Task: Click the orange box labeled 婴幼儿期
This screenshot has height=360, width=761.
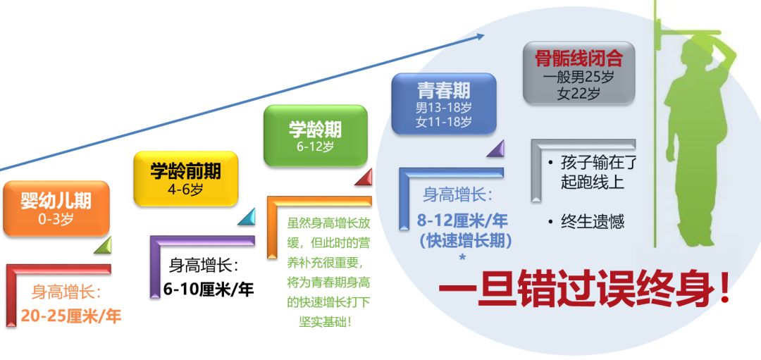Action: pyautogui.click(x=56, y=209)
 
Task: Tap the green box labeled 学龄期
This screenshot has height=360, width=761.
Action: pyautogui.click(x=316, y=136)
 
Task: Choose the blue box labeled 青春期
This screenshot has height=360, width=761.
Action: pyautogui.click(x=444, y=104)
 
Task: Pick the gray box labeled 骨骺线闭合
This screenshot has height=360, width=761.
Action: pyautogui.click(x=579, y=73)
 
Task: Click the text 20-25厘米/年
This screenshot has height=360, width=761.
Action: pyautogui.click(x=71, y=316)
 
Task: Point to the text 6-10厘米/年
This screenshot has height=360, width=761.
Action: pyautogui.click(x=209, y=290)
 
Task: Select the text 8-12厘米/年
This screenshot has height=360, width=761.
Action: pyautogui.click(x=462, y=221)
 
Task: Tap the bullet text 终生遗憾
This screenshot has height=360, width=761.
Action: pyautogui.click(x=592, y=222)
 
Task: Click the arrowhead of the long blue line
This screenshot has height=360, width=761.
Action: pyautogui.click(x=481, y=35)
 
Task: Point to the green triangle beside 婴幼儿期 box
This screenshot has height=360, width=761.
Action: pyautogui.click(x=103, y=245)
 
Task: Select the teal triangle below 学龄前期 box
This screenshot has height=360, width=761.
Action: pyautogui.click(x=247, y=217)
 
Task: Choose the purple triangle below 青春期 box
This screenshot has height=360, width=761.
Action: pyautogui.click(x=495, y=149)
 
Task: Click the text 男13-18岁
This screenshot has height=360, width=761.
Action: pyautogui.click(x=444, y=107)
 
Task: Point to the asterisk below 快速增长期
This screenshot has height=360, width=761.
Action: pyautogui.click(x=462, y=257)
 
